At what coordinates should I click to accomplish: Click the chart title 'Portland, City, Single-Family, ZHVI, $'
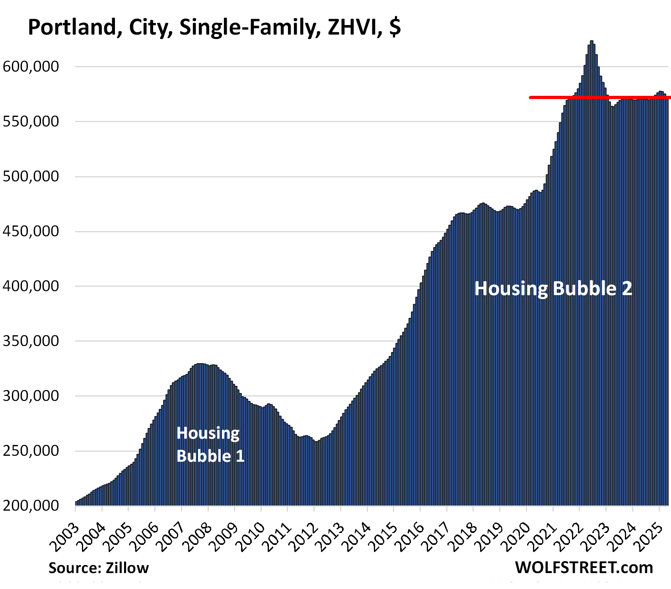[214, 28]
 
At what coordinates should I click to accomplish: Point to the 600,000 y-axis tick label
[31, 66]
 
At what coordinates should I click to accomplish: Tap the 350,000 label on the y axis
[31, 341]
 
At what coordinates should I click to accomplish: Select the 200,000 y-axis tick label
[31, 505]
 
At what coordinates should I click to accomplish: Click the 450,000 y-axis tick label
[31, 231]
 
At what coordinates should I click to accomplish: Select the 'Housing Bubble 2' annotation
[553, 288]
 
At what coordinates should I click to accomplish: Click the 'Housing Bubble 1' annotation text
[210, 444]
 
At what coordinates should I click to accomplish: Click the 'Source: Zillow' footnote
[99, 568]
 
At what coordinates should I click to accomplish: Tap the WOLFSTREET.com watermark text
[584, 568]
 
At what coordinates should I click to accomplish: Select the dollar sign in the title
[395, 28]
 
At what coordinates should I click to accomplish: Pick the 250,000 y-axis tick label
[31, 451]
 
